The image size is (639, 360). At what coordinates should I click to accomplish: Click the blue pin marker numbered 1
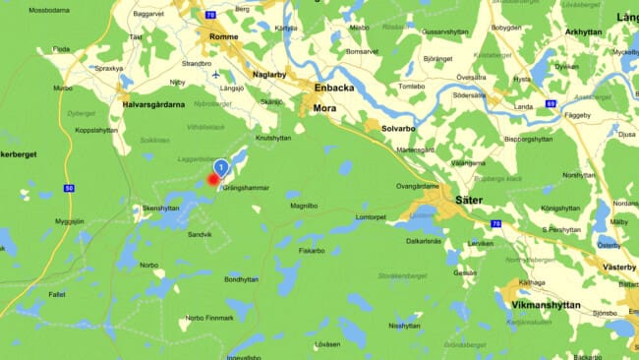(x=221, y=167)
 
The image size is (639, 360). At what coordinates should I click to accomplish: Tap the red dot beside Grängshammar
(x=213, y=180)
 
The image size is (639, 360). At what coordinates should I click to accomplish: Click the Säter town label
(x=469, y=200)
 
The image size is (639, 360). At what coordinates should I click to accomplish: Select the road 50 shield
(x=68, y=187)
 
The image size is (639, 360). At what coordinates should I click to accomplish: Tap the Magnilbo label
(x=303, y=206)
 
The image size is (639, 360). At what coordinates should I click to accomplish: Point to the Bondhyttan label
(x=241, y=278)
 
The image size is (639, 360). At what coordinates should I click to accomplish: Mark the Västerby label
(x=618, y=267)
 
